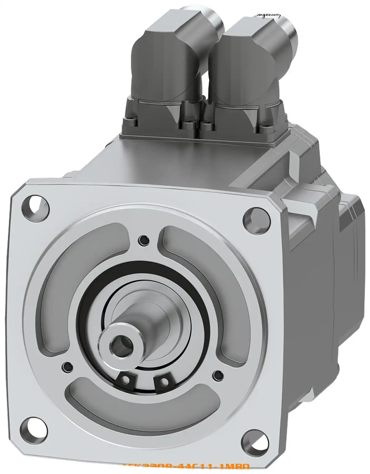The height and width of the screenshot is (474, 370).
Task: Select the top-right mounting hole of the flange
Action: click(256, 220)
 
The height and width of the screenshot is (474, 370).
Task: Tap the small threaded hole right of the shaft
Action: click(218, 375)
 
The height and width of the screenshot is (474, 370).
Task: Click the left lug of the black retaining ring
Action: click(126, 380)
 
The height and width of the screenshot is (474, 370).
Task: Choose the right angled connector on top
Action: click(247, 62)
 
